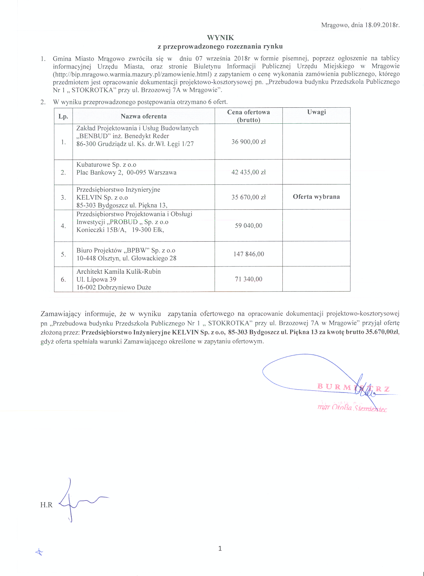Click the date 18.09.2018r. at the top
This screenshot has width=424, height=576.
tap(382, 25)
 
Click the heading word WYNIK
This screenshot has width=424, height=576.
tap(220, 38)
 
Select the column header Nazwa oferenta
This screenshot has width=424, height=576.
tap(144, 116)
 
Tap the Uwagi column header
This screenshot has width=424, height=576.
tap(316, 112)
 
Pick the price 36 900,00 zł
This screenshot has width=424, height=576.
tap(249, 142)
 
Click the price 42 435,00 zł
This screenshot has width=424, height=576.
tap(249, 172)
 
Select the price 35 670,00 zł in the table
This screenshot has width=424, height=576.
tap(249, 197)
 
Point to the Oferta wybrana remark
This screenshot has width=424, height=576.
tap(316, 197)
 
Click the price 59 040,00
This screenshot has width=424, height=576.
tap(249, 226)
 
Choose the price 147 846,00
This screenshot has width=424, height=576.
tap(249, 254)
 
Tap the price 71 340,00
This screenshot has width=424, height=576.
tap(249, 279)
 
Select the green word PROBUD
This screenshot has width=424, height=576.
tap(124, 222)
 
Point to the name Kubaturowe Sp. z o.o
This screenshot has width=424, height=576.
tap(106, 165)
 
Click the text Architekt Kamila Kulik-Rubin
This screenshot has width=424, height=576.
tap(118, 272)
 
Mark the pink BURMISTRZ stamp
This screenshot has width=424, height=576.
tap(353, 388)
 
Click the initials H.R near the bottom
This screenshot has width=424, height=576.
tap(46, 505)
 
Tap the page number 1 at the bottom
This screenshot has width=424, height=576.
tap(220, 548)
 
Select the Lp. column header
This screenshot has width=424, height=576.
tap(63, 117)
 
